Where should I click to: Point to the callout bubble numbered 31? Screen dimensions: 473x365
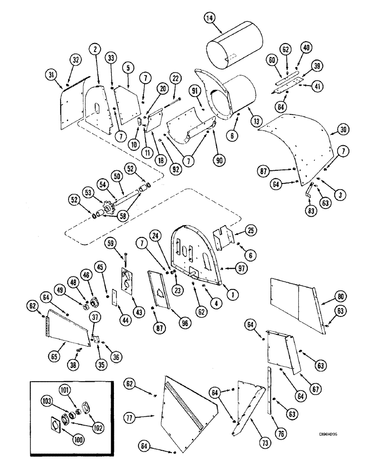point(51,75)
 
